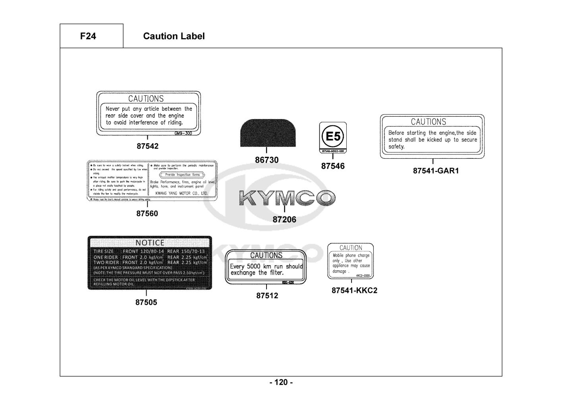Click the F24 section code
pos(88,36)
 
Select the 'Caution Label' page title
pos(174,36)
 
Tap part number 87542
pos(147,146)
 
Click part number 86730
pos(267,160)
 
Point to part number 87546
pos(333,166)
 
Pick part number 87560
pos(147,214)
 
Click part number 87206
pos(284,220)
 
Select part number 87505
pos(146,302)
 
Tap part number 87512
pos(267,295)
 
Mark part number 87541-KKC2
pos(354,290)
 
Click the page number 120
pos(281,382)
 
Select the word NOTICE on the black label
pos(150,243)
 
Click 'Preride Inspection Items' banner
pos(182,175)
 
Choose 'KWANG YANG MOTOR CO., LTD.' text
pos(182,193)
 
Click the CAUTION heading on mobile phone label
pos(351,248)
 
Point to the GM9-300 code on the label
pos(183,133)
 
